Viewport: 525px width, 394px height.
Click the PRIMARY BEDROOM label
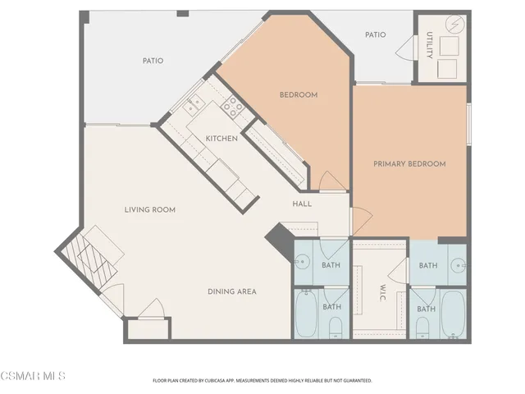click(409, 164)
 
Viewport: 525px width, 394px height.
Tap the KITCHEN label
click(221, 139)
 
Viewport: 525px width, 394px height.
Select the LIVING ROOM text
click(150, 210)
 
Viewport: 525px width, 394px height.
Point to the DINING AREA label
click(231, 291)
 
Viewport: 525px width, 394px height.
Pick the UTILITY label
click(428, 46)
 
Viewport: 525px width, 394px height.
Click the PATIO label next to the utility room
click(376, 35)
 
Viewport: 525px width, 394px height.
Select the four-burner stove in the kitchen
click(233, 105)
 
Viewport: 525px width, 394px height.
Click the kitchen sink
click(195, 104)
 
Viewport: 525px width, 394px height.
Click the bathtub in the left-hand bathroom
click(308, 316)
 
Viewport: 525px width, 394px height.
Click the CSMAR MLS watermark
click(33, 377)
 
